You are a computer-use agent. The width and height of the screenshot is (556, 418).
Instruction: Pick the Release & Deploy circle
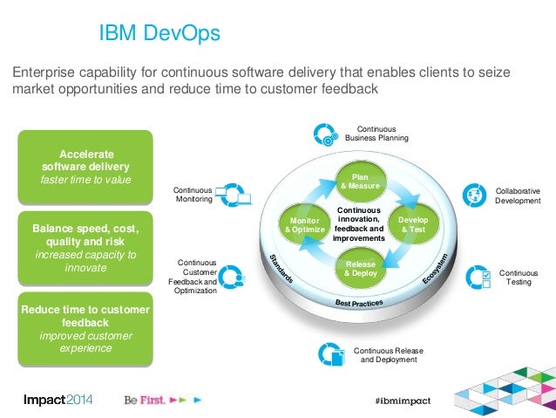coord(360,267)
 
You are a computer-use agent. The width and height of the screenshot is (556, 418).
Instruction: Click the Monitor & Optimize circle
coord(305,224)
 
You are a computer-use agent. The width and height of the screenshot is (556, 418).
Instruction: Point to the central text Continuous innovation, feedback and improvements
coord(358,224)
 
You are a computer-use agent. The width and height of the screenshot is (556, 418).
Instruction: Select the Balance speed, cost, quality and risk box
coord(85,248)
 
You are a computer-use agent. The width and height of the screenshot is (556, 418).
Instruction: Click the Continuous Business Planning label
coord(376,133)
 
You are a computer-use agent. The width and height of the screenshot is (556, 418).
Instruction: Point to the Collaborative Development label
coord(518,195)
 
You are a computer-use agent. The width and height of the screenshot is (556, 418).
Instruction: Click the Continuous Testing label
coord(519,278)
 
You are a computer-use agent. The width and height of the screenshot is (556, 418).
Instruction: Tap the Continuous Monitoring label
coord(193,195)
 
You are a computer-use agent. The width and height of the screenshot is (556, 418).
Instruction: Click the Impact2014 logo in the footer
coord(58,399)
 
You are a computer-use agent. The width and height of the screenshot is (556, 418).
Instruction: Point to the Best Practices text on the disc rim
coord(359,302)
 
